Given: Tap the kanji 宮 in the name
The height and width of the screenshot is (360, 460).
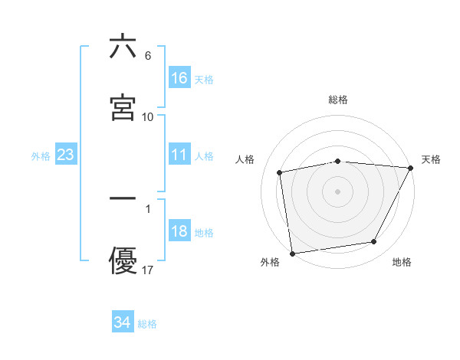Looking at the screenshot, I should tap(123, 108).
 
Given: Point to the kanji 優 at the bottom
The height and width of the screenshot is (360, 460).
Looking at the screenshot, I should tap(123, 261).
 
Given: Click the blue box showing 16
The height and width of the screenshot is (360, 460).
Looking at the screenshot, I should tap(179, 78).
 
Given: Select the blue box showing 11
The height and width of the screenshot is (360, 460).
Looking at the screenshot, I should tap(179, 155).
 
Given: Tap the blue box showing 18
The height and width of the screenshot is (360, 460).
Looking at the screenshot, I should tap(179, 232).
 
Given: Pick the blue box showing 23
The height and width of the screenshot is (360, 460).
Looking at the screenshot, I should tap(66, 155).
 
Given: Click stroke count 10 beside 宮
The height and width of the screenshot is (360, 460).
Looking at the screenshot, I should tap(148, 116).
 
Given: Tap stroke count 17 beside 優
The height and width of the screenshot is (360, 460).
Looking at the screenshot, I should tap(148, 270).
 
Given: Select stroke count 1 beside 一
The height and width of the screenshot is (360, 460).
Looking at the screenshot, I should tap(148, 208).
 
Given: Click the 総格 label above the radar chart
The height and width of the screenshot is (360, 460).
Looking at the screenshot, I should tap(338, 100).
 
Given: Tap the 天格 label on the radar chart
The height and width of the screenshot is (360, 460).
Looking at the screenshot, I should tap(431, 159).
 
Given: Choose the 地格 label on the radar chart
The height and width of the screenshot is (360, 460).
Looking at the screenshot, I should tap(402, 262).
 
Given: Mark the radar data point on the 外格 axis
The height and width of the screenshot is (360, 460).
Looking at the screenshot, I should tap(292, 253).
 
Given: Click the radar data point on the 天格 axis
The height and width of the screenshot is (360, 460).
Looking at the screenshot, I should tap(412, 168).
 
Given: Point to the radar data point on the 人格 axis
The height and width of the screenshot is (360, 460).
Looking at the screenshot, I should tap(280, 172).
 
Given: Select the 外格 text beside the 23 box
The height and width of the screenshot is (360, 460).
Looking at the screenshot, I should tap(41, 156).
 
